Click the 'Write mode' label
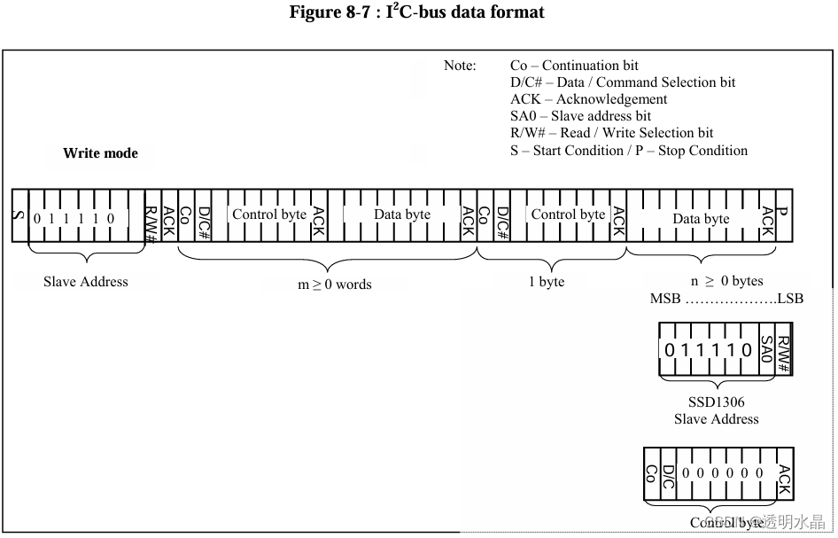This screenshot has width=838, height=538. pyautogui.click(x=100, y=153)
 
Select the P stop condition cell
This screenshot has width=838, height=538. pyautogui.click(x=782, y=214)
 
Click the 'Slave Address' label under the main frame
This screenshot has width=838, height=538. pyautogui.click(x=86, y=282)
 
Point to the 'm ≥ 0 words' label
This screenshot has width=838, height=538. pyautogui.click(x=334, y=285)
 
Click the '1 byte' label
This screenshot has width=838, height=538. pyautogui.click(x=547, y=282)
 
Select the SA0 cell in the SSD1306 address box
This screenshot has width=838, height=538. pyautogui.click(x=767, y=350)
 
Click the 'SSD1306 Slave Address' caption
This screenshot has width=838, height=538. pyautogui.click(x=716, y=410)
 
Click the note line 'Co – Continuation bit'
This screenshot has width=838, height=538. pyautogui.click(x=574, y=66)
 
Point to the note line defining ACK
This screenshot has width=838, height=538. pyautogui.click(x=588, y=99)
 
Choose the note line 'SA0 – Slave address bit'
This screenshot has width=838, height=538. pyautogui.click(x=580, y=116)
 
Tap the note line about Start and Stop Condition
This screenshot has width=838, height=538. pyautogui.click(x=628, y=151)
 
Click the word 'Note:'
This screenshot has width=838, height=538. pyautogui.click(x=460, y=66)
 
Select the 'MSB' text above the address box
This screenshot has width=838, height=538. pyautogui.click(x=665, y=299)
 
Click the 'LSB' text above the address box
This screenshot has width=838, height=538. pyautogui.click(x=790, y=299)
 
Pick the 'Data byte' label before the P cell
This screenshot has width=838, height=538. pyautogui.click(x=701, y=219)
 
